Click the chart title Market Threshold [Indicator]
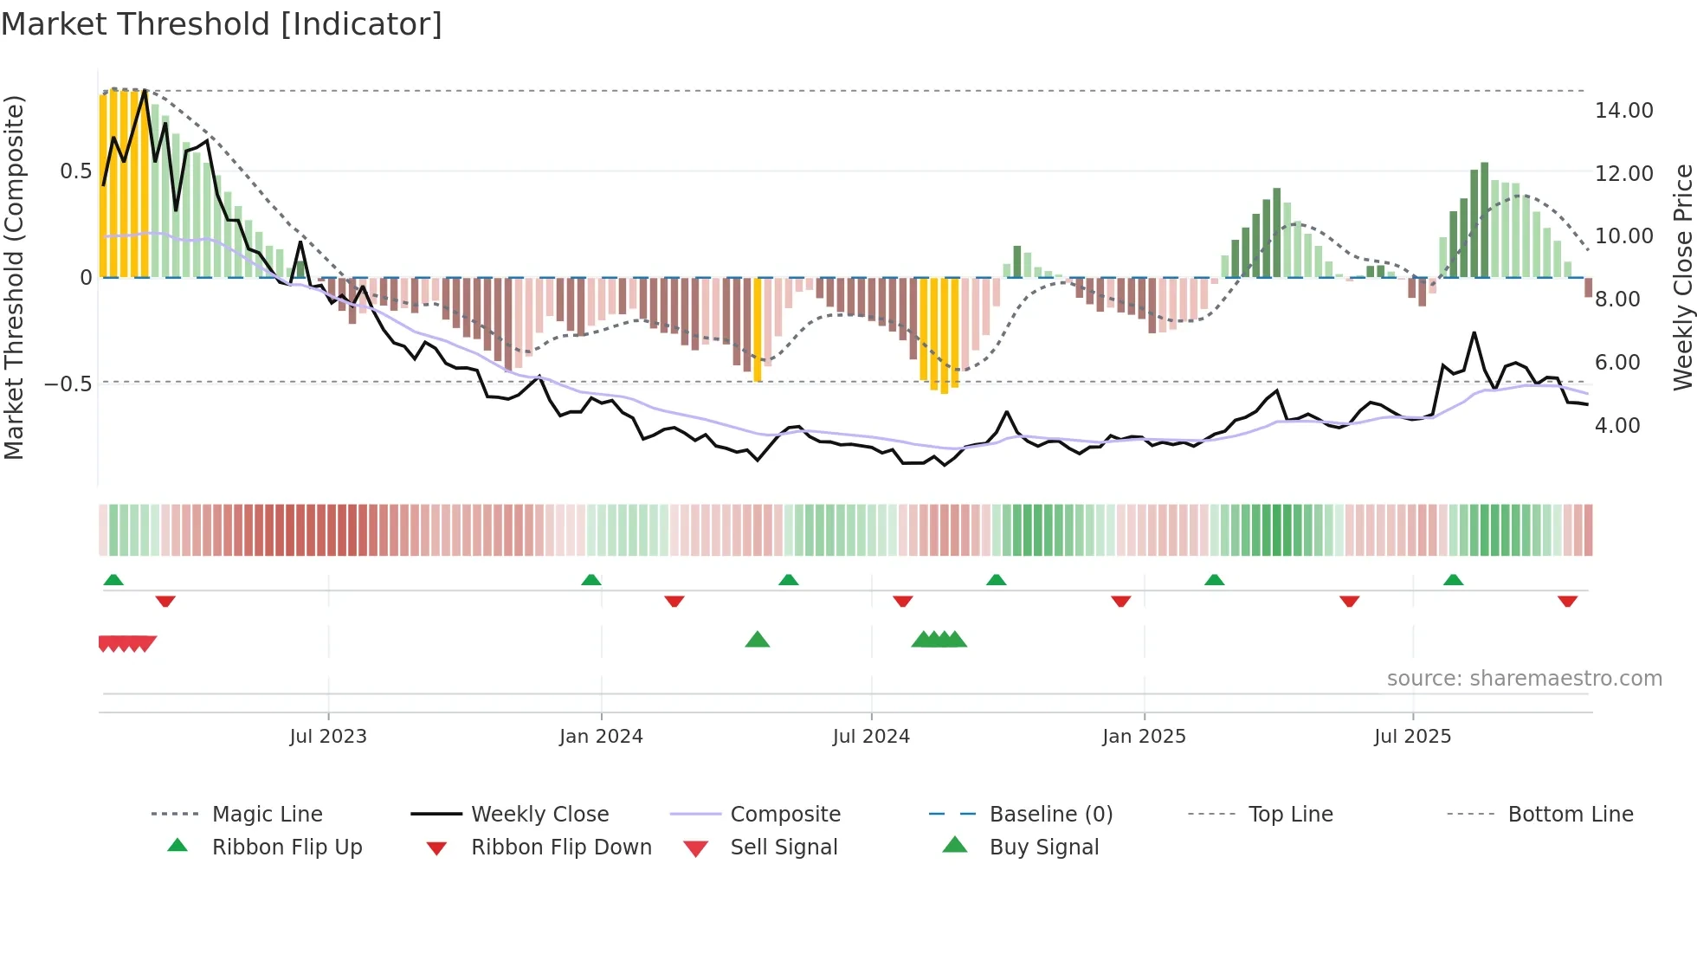click(222, 24)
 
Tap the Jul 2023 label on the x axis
click(328, 737)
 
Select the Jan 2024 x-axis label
click(601, 737)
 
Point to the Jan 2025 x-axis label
click(1144, 737)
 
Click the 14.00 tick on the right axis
click(1623, 111)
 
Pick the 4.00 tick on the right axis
click(1616, 426)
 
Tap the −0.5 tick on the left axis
click(68, 384)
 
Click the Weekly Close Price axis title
click(1682, 277)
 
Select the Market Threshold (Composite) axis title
click(15, 277)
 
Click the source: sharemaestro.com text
click(1524, 679)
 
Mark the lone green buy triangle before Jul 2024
click(758, 640)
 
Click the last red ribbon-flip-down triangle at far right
click(1567, 602)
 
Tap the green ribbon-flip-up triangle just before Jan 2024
click(591, 579)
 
